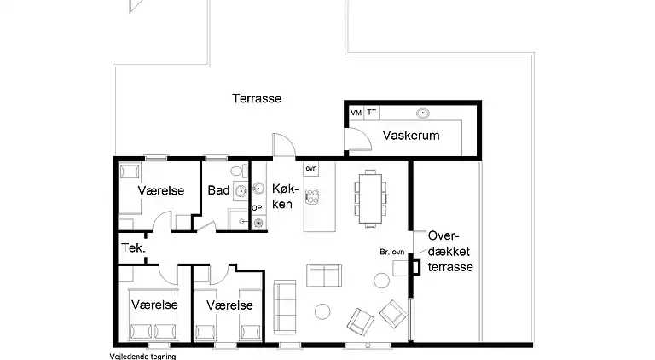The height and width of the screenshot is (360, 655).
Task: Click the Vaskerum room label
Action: (411, 136)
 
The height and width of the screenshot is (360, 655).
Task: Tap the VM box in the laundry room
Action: (356, 113)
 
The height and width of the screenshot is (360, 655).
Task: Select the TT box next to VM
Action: (372, 113)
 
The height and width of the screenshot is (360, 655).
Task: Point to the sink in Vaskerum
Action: (422, 113)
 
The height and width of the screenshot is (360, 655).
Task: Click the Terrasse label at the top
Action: (257, 98)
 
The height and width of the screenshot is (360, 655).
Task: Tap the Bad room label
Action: (218, 189)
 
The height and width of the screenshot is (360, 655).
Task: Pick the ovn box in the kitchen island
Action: (311, 169)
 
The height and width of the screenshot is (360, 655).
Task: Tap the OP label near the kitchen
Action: (257, 207)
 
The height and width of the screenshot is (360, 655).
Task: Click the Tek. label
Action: (135, 249)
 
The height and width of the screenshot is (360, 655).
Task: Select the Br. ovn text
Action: (391, 253)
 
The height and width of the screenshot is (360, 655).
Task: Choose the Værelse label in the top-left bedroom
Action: (162, 191)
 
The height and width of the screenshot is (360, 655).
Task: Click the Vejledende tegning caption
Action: (142, 356)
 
